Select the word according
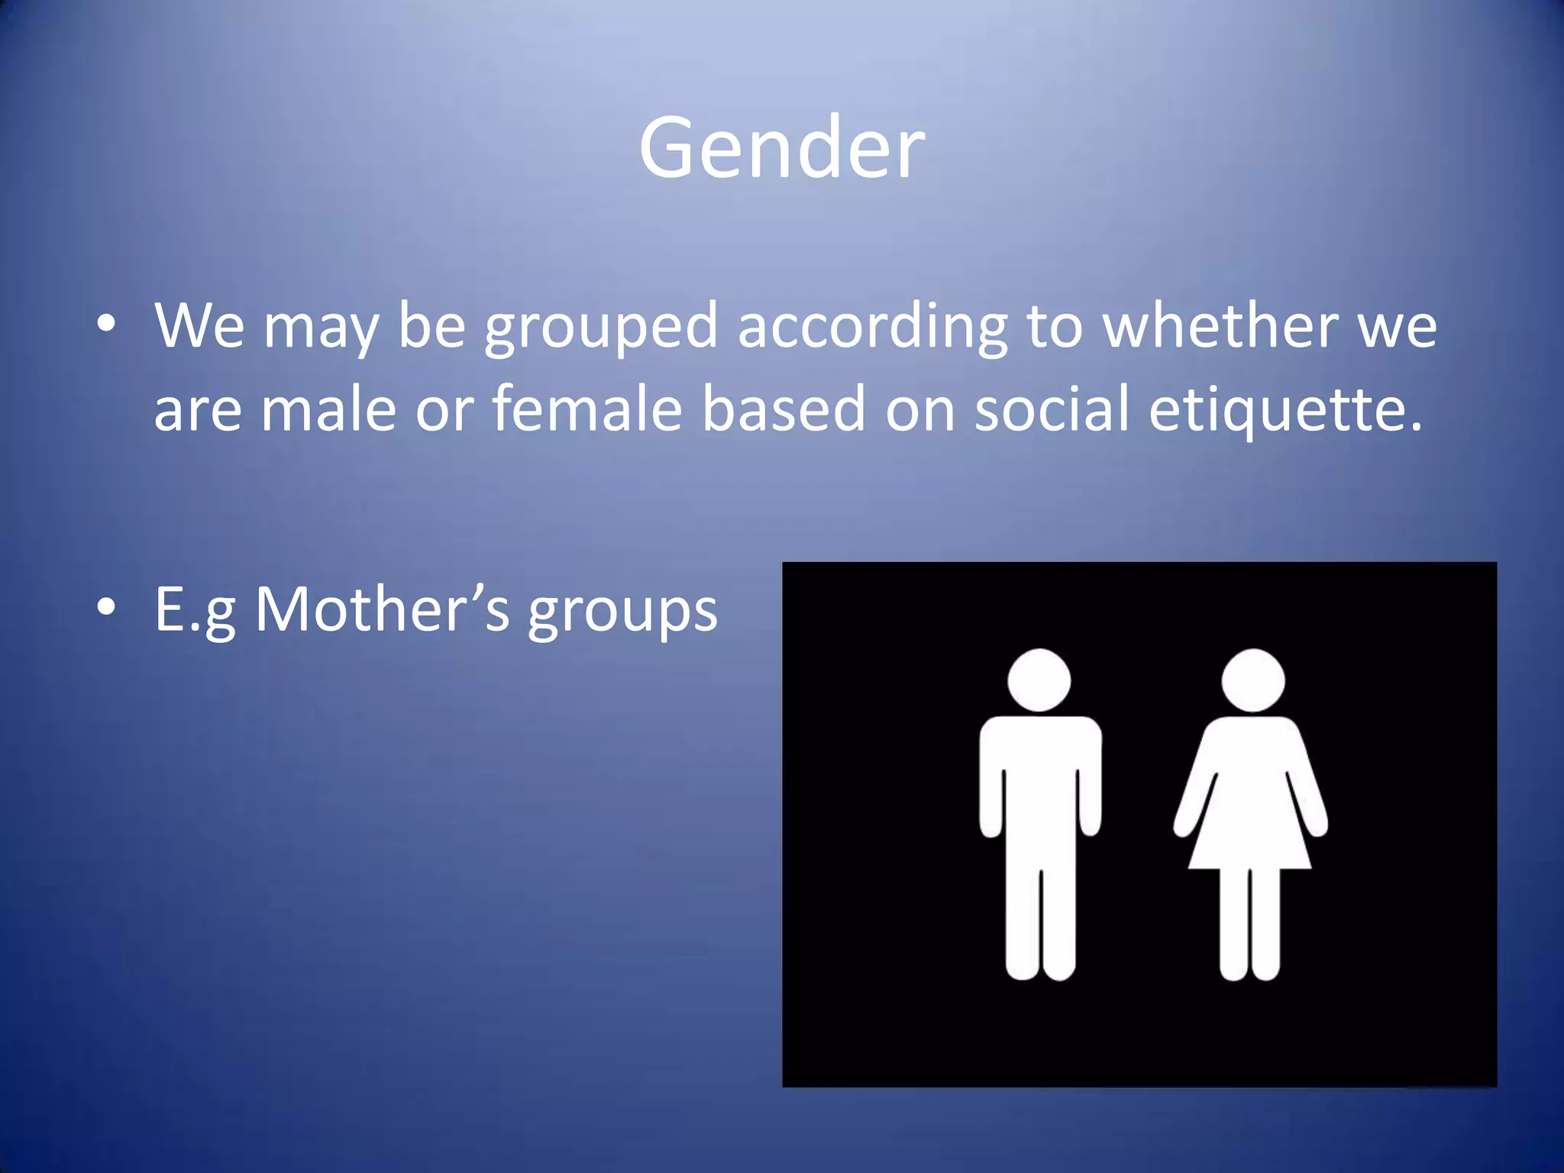(871, 326)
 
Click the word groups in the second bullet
(622, 611)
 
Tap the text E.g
(195, 611)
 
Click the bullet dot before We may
(106, 324)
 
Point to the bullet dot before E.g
(106, 608)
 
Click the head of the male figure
(1039, 680)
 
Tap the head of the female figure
(1252, 680)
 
